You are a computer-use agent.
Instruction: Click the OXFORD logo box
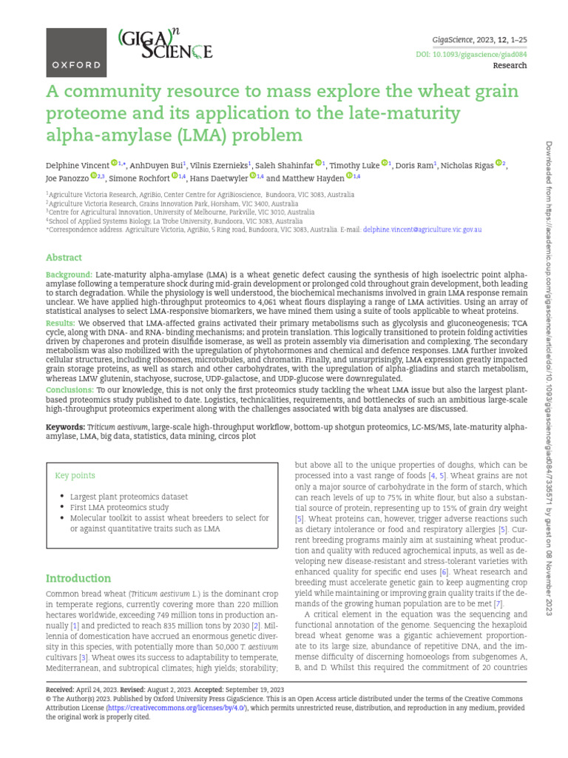pos(76,54)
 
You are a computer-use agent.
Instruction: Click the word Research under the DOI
pos(510,66)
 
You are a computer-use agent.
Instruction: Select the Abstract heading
pos(64,258)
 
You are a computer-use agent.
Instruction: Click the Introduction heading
pos(78,578)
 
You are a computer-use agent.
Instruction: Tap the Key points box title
pos(75,475)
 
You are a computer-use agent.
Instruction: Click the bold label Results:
pos(61,323)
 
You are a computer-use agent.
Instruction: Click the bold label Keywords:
pos(66,428)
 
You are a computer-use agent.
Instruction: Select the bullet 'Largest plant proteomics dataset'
pos(129,497)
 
